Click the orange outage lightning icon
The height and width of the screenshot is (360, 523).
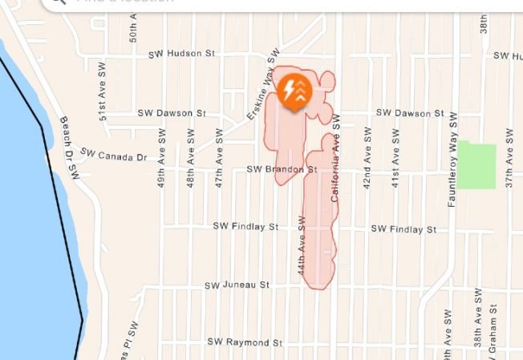(297, 89)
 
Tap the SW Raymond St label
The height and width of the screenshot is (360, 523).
(245, 342)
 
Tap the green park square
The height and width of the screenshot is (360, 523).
(478, 166)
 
